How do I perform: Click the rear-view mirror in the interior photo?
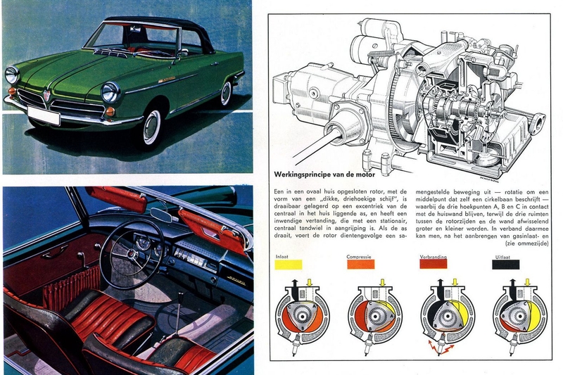click(x=162, y=215)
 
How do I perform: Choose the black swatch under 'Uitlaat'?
click(x=506, y=265)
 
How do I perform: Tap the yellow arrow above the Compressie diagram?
click(x=383, y=283)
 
